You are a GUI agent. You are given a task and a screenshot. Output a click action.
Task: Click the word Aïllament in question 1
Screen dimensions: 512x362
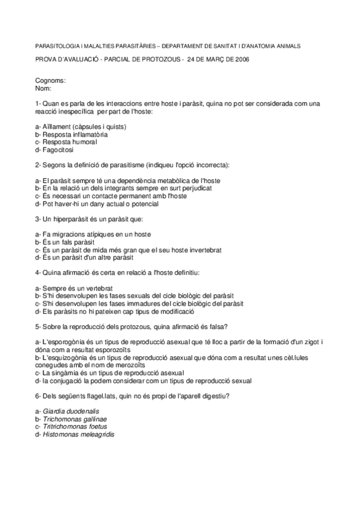point(56,126)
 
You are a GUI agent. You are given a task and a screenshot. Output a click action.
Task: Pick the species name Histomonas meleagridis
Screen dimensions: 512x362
point(79,434)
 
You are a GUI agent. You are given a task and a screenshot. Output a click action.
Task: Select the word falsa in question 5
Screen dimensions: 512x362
point(216,327)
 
